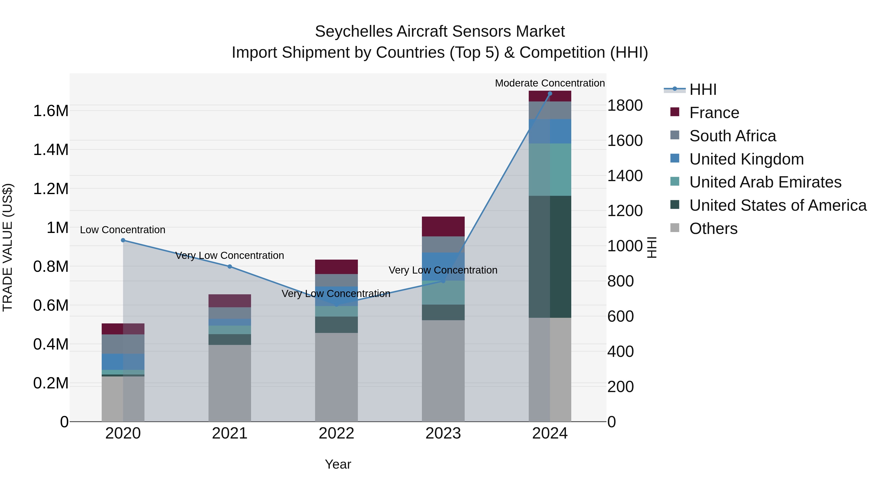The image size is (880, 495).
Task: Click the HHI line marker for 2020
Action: pyautogui.click(x=123, y=240)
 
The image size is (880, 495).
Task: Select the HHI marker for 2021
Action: pyautogui.click(x=230, y=266)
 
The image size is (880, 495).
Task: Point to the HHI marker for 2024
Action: pyautogui.click(x=550, y=94)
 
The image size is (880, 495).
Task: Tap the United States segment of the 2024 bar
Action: pyautogui.click(x=550, y=256)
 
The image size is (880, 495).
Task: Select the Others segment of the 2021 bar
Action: pyautogui.click(x=230, y=383)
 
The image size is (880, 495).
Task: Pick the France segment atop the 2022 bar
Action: pyautogui.click(x=336, y=267)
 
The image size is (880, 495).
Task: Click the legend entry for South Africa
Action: pyautogui.click(x=732, y=136)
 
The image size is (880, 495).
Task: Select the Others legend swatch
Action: pyautogui.click(x=675, y=228)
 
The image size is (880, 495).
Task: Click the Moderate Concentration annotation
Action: pyautogui.click(x=550, y=83)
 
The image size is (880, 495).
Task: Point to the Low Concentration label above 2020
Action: pyautogui.click(x=123, y=230)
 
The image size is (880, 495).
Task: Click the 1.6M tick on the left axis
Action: pyautogui.click(x=51, y=111)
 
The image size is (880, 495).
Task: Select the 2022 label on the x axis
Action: pyautogui.click(x=336, y=433)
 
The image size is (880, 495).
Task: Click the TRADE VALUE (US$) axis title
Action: pyautogui.click(x=8, y=247)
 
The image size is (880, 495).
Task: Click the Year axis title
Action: pyautogui.click(x=338, y=464)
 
